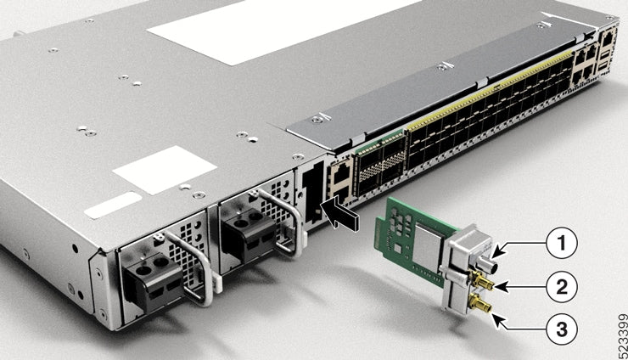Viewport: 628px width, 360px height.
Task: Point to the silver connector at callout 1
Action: [493, 252]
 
